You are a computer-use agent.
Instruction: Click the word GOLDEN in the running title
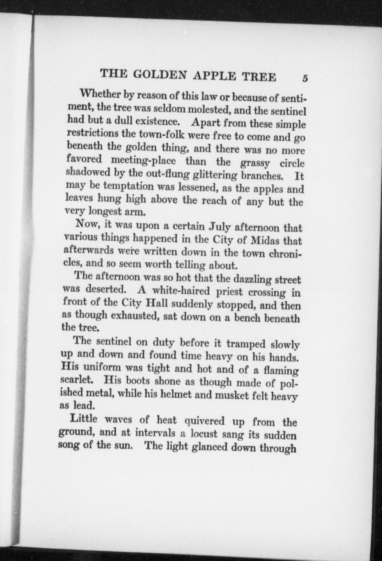point(160,74)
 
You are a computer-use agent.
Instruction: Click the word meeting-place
point(143,161)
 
